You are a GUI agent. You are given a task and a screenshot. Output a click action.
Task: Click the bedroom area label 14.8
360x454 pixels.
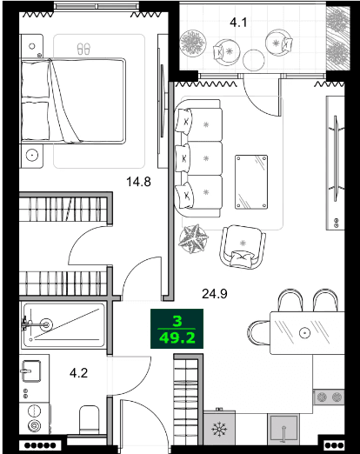[x=138, y=182]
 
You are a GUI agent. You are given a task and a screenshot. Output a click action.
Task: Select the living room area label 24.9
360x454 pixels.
[x=215, y=293]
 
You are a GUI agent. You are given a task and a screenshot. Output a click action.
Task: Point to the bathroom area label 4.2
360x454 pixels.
[x=79, y=375]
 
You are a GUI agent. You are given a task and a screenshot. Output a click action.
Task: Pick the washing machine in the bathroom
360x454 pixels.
[x=34, y=417]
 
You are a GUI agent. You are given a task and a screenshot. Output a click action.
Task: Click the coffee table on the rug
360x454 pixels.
[x=251, y=180]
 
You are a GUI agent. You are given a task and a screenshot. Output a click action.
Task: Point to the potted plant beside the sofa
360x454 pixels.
[x=193, y=237]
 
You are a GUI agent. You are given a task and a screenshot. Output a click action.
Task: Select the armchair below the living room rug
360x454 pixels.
[x=241, y=245]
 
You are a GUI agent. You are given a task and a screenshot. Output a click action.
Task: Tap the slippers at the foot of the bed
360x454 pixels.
[x=83, y=48]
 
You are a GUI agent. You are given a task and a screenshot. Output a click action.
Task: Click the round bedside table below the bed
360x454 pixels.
[x=33, y=156]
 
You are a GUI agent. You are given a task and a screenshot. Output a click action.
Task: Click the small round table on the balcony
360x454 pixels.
[x=253, y=59]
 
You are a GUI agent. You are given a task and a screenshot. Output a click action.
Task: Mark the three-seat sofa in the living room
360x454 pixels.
[x=199, y=159]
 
